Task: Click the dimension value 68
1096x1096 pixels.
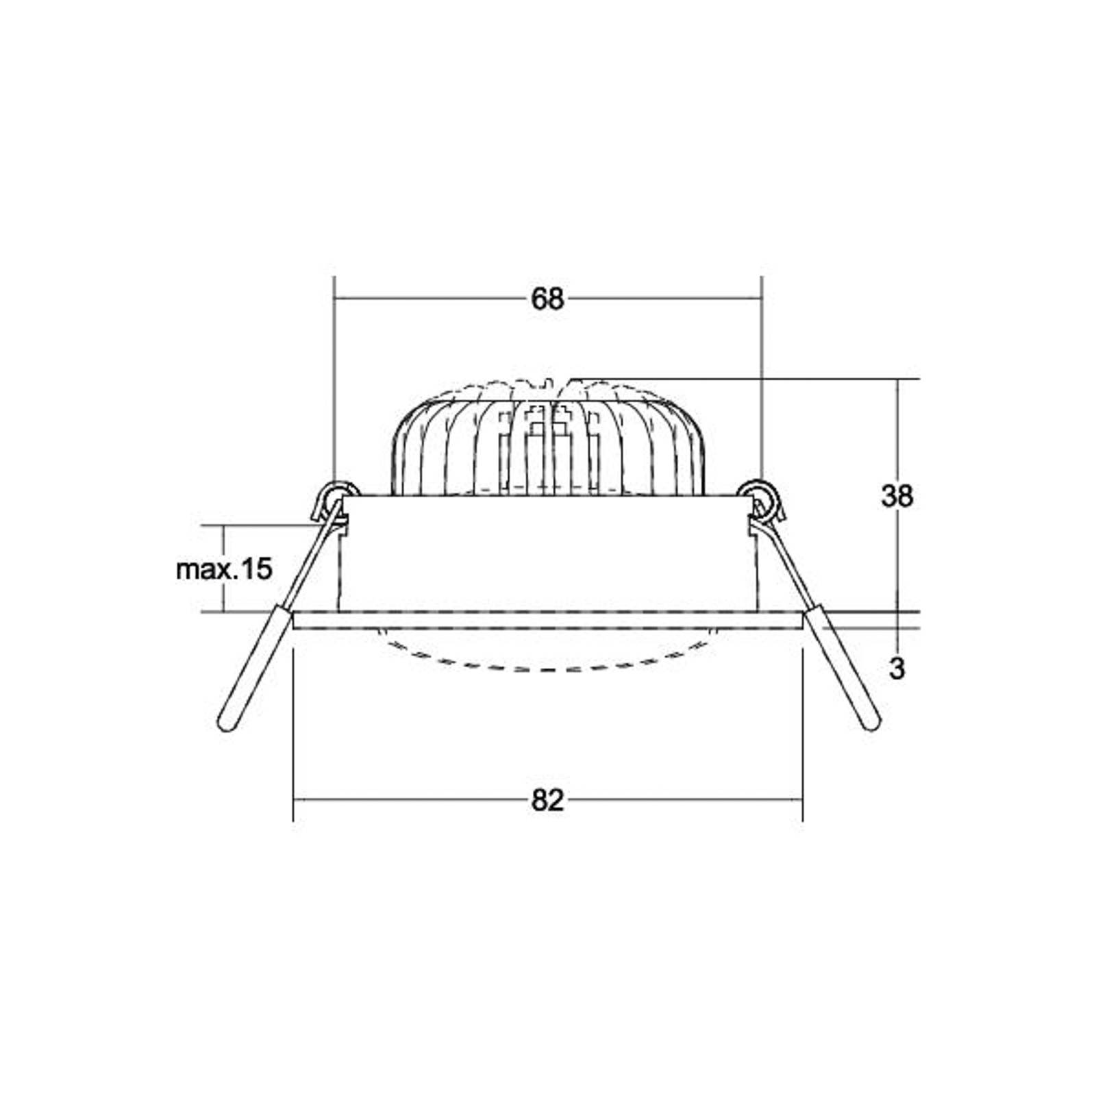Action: click(547, 299)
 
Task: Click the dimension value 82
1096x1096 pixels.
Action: click(547, 800)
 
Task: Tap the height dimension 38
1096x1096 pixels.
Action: click(897, 496)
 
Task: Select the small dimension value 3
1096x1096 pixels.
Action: click(897, 669)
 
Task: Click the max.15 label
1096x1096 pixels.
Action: click(224, 569)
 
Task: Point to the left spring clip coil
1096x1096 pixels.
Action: click(336, 495)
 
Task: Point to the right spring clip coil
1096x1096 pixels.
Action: click(761, 495)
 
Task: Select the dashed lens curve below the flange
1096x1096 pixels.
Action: click(547, 666)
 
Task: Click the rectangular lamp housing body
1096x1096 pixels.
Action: click(547, 555)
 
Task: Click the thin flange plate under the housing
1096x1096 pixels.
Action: click(547, 621)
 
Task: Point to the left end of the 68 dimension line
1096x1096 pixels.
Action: click(334, 299)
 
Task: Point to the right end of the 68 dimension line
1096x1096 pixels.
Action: click(762, 299)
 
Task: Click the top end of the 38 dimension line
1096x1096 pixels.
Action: click(898, 379)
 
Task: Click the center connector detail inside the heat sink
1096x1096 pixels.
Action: click(547, 445)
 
